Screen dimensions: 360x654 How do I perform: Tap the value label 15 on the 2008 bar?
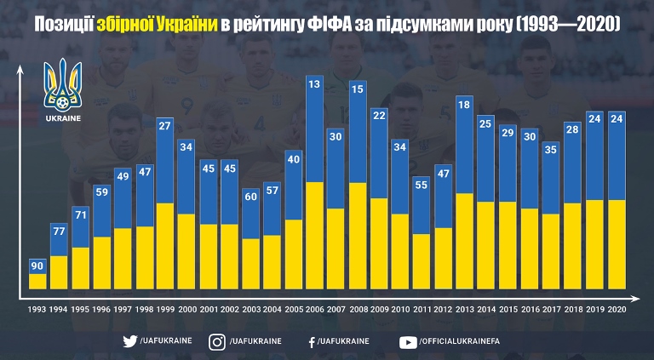tap(357, 88)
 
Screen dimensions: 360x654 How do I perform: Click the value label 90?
tap(37, 266)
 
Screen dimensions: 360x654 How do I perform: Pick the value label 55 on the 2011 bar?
tap(422, 184)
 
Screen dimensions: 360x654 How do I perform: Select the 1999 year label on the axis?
tap(165, 309)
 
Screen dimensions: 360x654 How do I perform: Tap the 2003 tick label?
tap(250, 309)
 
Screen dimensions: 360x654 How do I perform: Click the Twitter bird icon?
tap(130, 341)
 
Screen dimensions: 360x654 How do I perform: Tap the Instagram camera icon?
tap(218, 341)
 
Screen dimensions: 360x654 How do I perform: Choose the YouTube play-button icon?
tap(407, 341)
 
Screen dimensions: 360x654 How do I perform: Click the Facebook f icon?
tap(313, 341)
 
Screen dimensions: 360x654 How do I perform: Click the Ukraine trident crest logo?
tap(65, 84)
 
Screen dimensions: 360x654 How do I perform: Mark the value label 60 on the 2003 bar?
tap(250, 196)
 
